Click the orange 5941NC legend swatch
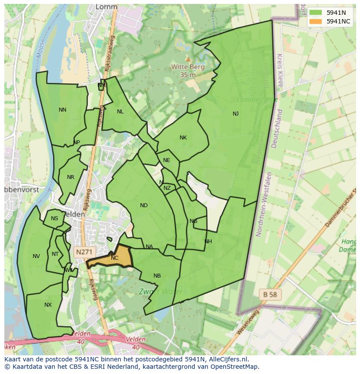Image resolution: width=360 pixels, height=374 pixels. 316,21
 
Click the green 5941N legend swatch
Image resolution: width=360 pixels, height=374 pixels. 316,13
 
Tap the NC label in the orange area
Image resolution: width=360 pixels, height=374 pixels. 114,258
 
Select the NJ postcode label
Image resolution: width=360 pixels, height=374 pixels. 236,114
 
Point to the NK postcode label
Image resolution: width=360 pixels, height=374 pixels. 183,138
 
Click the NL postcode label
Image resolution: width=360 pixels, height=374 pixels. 120,112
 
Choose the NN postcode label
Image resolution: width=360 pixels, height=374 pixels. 63,110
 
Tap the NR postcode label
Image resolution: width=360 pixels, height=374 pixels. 70,177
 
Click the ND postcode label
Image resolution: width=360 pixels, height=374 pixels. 144,205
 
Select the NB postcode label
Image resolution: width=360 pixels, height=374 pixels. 157,276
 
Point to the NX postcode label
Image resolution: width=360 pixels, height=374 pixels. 48,305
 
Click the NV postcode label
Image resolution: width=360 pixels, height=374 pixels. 36,256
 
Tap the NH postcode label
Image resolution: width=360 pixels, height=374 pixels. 208,242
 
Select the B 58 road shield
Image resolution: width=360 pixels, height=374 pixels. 270,295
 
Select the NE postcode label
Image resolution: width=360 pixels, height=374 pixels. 167,160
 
